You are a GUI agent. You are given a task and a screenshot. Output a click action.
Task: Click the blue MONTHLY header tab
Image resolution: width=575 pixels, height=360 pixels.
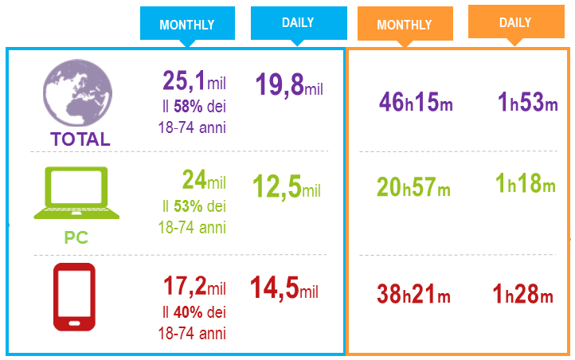tap(186, 24)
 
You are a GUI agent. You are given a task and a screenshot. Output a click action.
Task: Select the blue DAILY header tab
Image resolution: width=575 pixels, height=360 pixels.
tap(297, 23)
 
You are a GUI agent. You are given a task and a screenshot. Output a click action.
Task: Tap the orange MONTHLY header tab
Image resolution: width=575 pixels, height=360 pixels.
tap(404, 24)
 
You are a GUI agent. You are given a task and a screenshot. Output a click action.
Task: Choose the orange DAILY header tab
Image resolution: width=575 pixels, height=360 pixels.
tap(515, 22)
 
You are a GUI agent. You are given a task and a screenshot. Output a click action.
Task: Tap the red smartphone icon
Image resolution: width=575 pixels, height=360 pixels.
tap(74, 296)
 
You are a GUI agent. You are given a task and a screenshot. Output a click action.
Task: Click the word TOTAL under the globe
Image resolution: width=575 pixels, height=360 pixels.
tap(80, 139)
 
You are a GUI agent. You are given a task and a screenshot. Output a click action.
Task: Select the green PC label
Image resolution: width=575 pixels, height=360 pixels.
tap(76, 237)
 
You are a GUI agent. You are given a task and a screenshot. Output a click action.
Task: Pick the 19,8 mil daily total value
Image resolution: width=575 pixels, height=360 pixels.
tap(287, 84)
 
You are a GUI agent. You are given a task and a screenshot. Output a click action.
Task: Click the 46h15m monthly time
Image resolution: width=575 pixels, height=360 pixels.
tap(416, 103)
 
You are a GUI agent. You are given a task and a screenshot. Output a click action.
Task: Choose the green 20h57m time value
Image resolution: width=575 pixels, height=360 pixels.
tap(413, 188)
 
